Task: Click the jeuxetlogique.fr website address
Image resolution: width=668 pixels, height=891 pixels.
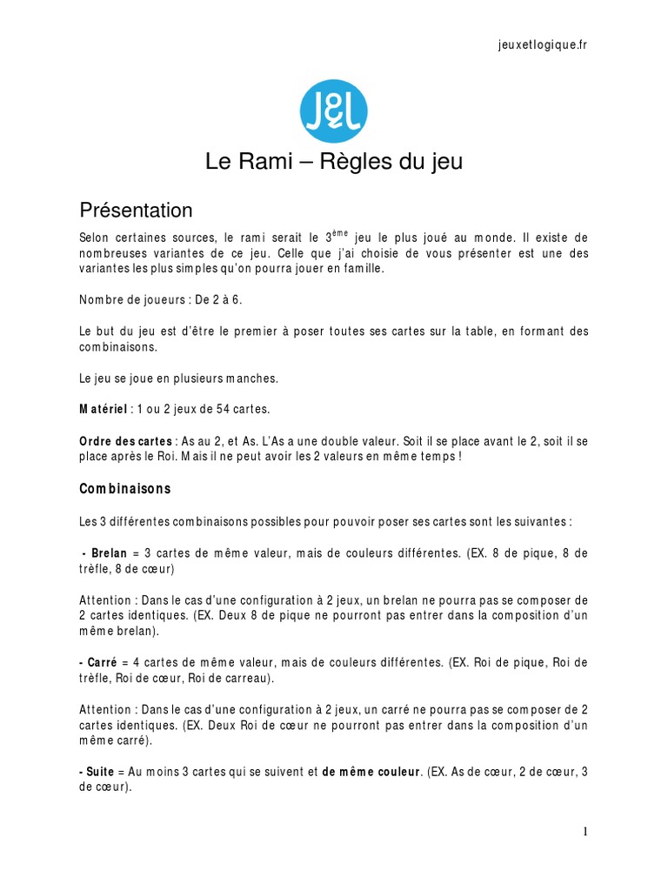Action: [x=537, y=45]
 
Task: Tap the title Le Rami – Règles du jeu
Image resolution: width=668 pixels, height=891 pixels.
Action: [x=334, y=162]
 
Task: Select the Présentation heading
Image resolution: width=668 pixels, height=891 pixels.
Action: [x=136, y=211]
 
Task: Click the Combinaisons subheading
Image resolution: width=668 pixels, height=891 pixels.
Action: [x=125, y=489]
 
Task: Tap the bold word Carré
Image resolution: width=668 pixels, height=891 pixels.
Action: [x=98, y=662]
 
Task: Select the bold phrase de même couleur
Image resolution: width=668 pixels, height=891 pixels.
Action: [x=371, y=772]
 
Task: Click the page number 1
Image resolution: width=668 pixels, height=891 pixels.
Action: [x=585, y=832]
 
